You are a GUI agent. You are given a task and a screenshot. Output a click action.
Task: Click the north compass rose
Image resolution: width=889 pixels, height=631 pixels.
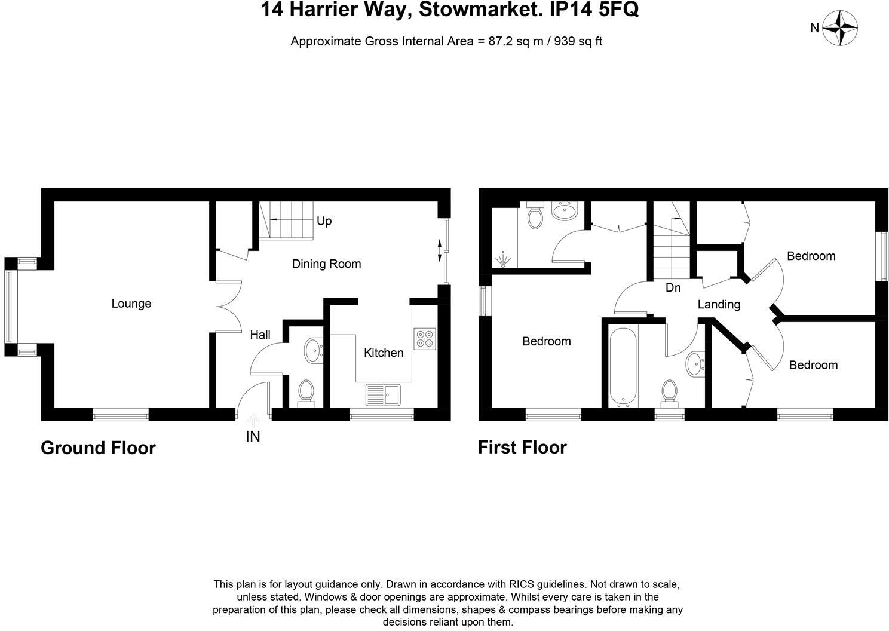click(x=840, y=27)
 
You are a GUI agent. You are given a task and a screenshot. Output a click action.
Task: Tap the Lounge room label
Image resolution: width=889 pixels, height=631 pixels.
click(x=131, y=304)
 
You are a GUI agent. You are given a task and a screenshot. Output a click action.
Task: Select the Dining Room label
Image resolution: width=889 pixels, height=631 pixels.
click(x=326, y=264)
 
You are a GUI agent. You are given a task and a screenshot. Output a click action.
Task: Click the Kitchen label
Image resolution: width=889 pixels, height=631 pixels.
click(x=384, y=353)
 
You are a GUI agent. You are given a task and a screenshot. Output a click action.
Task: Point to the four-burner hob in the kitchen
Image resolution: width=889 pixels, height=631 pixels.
click(x=424, y=338)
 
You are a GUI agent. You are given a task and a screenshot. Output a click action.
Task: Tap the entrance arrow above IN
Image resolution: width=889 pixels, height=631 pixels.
click(x=253, y=421)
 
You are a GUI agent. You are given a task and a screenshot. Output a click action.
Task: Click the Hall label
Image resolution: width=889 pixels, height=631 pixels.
click(x=260, y=335)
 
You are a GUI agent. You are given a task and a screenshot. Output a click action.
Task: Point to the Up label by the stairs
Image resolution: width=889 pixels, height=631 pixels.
click(x=324, y=221)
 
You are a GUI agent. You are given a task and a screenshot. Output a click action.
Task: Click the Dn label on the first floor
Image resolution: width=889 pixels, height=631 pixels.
click(x=673, y=287)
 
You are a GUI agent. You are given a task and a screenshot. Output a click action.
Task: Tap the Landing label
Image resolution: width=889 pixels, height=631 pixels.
click(x=719, y=304)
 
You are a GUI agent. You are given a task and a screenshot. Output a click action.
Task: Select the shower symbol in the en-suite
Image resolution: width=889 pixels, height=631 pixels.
click(x=504, y=259)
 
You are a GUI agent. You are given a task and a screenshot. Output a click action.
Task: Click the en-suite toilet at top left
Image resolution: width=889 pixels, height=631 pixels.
click(x=535, y=216)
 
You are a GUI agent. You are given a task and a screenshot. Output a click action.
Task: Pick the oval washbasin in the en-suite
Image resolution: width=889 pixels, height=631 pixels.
click(x=564, y=211)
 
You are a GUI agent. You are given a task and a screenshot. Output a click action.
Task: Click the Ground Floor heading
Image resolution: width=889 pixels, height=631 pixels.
click(x=98, y=448)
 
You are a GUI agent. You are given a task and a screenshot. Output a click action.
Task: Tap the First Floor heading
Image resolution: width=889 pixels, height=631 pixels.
click(x=522, y=447)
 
